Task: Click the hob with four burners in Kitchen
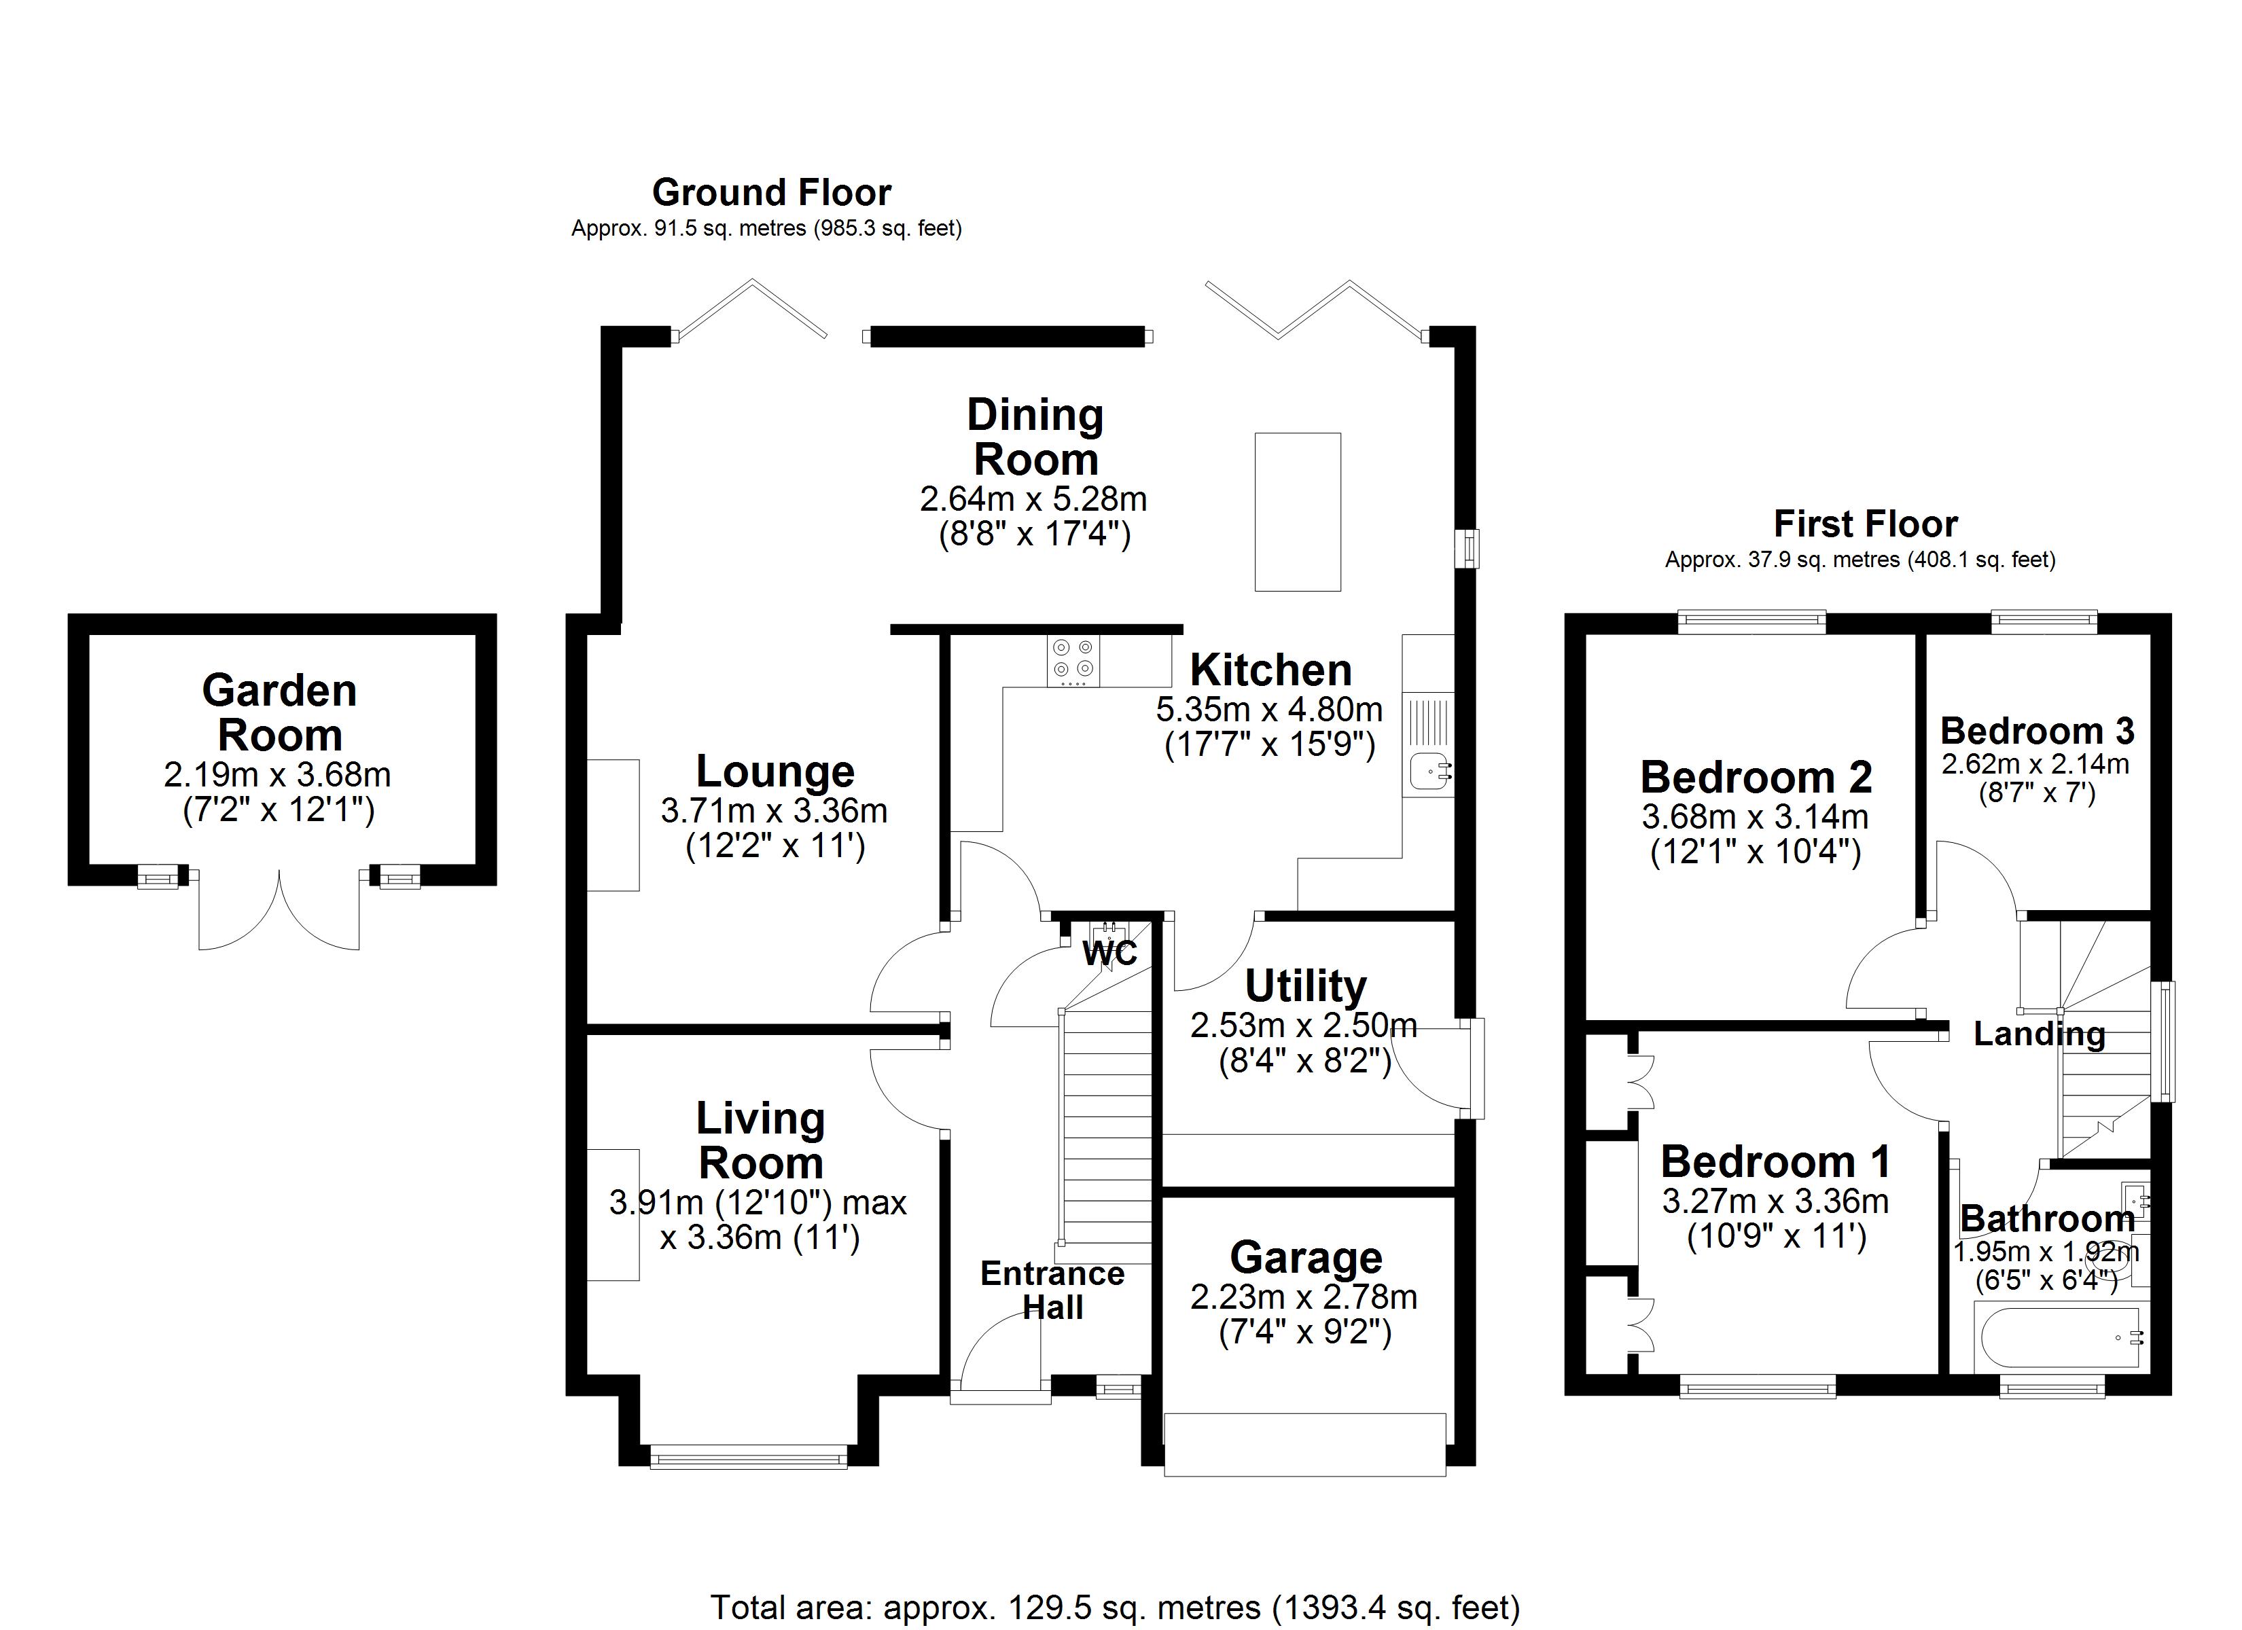(x=1073, y=660)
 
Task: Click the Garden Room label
(x=280, y=712)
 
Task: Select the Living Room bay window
(x=748, y=1456)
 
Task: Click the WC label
(x=1109, y=954)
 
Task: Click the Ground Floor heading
(x=771, y=192)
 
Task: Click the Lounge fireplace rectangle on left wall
(x=613, y=825)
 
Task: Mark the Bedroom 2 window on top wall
(x=1751, y=621)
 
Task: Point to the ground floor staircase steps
(x=1106, y=1137)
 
